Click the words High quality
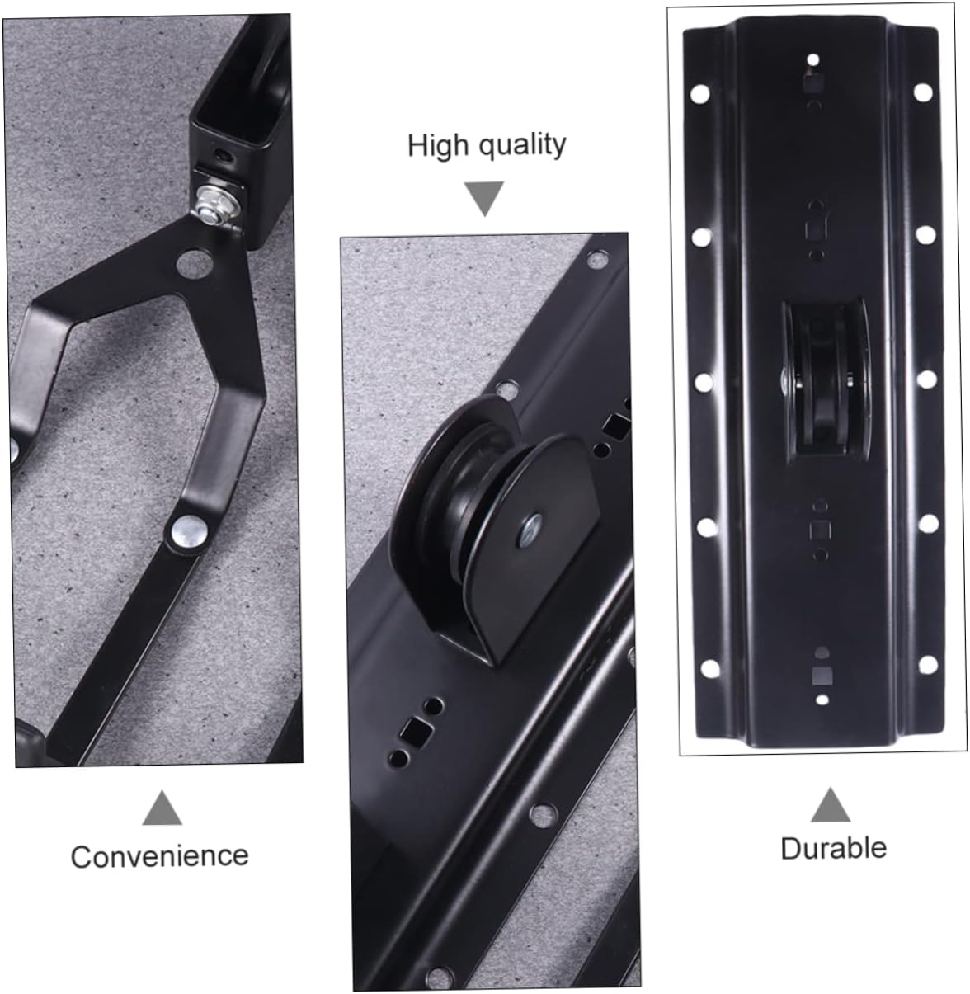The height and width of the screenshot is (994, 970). click(487, 144)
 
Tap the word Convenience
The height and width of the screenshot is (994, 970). click(159, 855)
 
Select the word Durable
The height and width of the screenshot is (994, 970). click(833, 847)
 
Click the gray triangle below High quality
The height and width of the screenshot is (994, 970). click(484, 199)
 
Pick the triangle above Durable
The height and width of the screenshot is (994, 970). click(830, 805)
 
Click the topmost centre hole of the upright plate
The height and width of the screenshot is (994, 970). click(813, 60)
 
